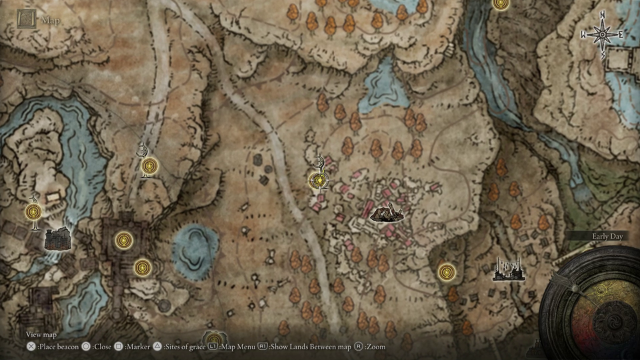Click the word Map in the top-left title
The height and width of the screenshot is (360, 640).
point(51,20)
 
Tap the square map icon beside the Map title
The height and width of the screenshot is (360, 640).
point(27,19)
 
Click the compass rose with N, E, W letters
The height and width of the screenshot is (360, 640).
point(602,34)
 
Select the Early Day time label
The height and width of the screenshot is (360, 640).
point(607,236)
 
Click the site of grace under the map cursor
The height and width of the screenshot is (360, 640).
point(320,180)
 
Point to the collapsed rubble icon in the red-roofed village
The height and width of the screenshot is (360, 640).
point(386,213)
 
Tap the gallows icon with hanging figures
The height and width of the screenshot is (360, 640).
point(506,269)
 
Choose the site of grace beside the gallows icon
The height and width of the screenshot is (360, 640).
point(447,272)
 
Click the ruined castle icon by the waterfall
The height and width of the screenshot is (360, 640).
point(57,238)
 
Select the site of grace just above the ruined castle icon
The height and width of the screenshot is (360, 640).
point(33,212)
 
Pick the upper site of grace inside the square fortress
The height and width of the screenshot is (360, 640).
point(123,240)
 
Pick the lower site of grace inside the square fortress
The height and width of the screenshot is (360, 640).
point(141,267)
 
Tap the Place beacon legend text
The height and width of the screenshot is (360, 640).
point(58,347)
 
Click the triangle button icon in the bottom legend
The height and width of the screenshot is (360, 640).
point(157,347)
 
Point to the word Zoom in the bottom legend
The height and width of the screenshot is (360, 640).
point(376,347)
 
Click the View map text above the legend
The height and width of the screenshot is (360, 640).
point(41,334)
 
